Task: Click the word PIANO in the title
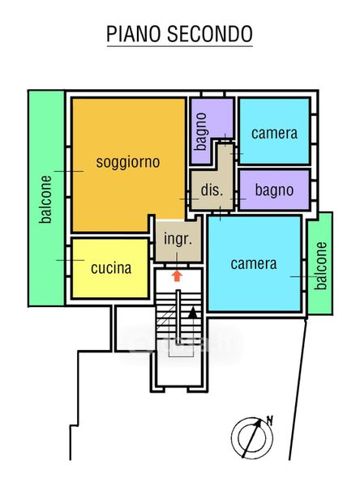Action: [134, 34]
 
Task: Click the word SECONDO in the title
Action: [210, 34]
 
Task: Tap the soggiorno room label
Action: [128, 162]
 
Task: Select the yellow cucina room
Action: [110, 268]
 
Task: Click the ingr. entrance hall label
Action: [178, 239]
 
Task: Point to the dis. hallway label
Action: [212, 190]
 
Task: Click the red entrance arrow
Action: [177, 275]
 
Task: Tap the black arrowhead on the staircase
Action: [193, 312]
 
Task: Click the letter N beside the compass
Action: [270, 420]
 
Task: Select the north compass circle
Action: [252, 438]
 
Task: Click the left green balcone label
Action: [45, 199]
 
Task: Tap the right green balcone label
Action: [320, 266]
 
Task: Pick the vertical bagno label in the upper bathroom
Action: [200, 131]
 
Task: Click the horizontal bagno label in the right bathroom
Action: [274, 190]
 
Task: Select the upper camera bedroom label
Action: [274, 134]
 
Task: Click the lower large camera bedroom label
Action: [254, 264]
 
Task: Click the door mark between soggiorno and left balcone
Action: [69, 171]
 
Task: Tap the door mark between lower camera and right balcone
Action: [303, 276]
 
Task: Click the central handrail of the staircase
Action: [178, 317]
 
